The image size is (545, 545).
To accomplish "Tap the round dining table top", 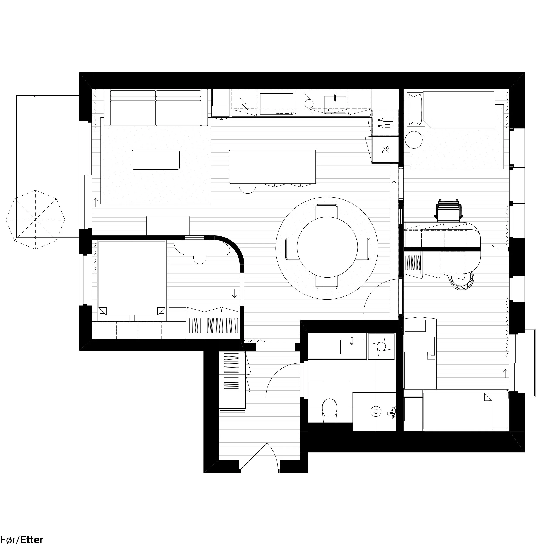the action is pos(327,247).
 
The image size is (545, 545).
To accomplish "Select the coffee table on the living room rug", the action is pos(156,160).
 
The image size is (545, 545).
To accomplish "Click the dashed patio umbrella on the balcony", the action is pos(36,220).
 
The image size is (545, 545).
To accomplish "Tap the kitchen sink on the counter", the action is pos(335,104).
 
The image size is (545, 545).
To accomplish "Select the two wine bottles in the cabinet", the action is pos(386,123).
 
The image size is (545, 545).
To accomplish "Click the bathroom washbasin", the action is pos(352,347).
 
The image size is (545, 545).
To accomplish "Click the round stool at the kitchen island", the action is pos(247,188).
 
